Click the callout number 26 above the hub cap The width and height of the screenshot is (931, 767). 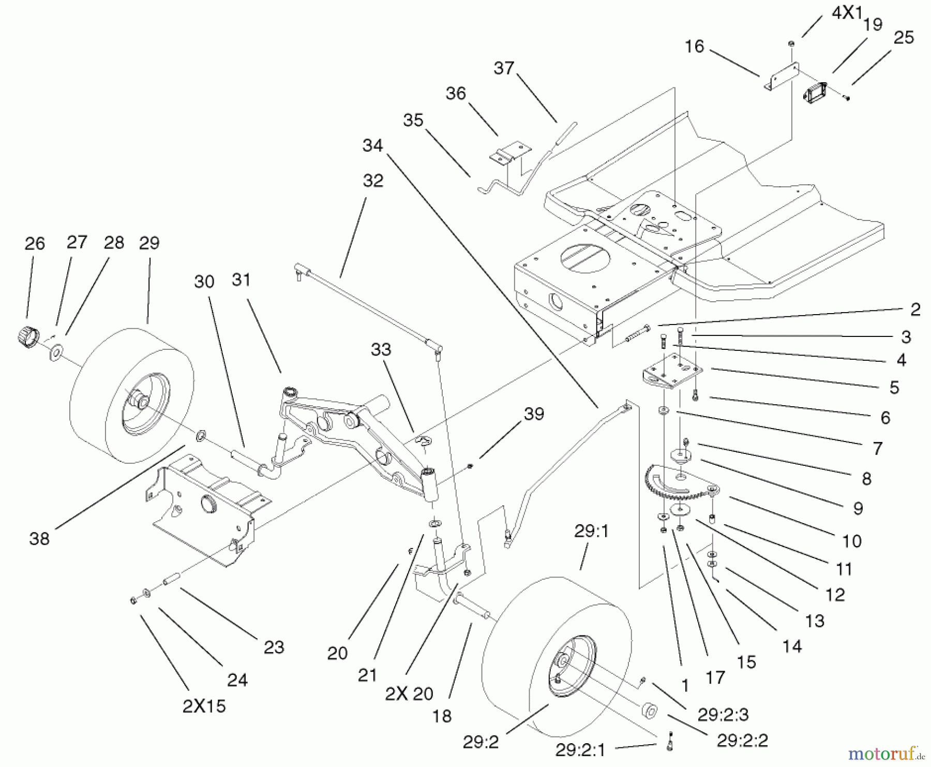pos(35,244)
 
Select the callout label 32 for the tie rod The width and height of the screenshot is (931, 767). pos(373,181)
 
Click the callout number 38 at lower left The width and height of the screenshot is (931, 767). pos(39,539)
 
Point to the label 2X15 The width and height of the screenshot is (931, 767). pos(204,706)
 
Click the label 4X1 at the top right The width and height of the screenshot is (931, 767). pos(846,13)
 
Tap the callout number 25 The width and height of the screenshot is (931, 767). pos(904,37)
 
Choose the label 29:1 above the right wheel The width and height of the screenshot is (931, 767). pos(591,531)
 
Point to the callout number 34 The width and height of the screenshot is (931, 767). pos(372,145)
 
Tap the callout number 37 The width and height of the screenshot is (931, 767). pos(504,68)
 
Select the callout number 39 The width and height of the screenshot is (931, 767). pos(534,414)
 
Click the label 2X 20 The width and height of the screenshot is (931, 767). pos(409,694)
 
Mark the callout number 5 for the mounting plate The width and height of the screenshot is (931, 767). pos(894,387)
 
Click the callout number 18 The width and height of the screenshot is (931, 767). pos(442,716)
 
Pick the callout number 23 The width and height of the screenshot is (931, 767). pos(274,647)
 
